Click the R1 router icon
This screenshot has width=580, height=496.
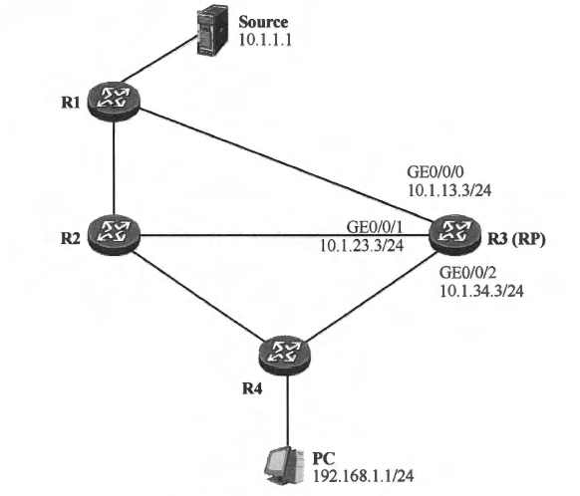[115, 98]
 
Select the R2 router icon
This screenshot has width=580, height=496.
[115, 236]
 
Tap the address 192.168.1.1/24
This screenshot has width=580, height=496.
[357, 476]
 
